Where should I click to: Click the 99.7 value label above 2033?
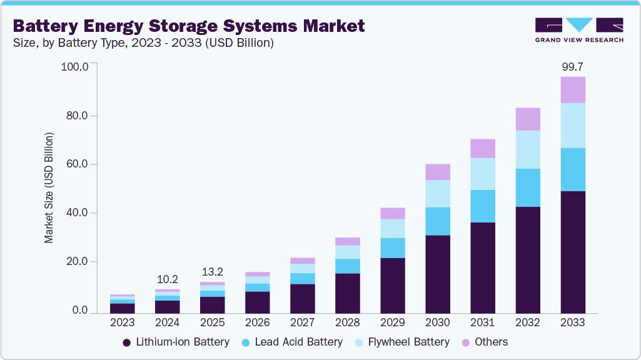click(572, 66)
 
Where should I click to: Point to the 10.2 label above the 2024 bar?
click(168, 279)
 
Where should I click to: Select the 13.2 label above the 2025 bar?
click(213, 272)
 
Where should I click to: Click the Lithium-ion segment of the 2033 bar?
click(572, 252)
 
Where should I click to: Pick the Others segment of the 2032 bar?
click(527, 119)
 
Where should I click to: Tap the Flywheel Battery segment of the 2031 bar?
click(482, 174)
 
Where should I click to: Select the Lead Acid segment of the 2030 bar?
click(437, 221)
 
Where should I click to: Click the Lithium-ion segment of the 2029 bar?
click(392, 285)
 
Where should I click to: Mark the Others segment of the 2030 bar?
click(437, 172)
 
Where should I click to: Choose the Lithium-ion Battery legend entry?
click(176, 342)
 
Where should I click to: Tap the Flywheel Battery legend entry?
click(408, 342)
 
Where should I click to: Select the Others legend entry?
click(485, 342)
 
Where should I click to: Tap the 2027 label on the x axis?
click(302, 323)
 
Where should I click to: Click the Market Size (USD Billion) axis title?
click(49, 187)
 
